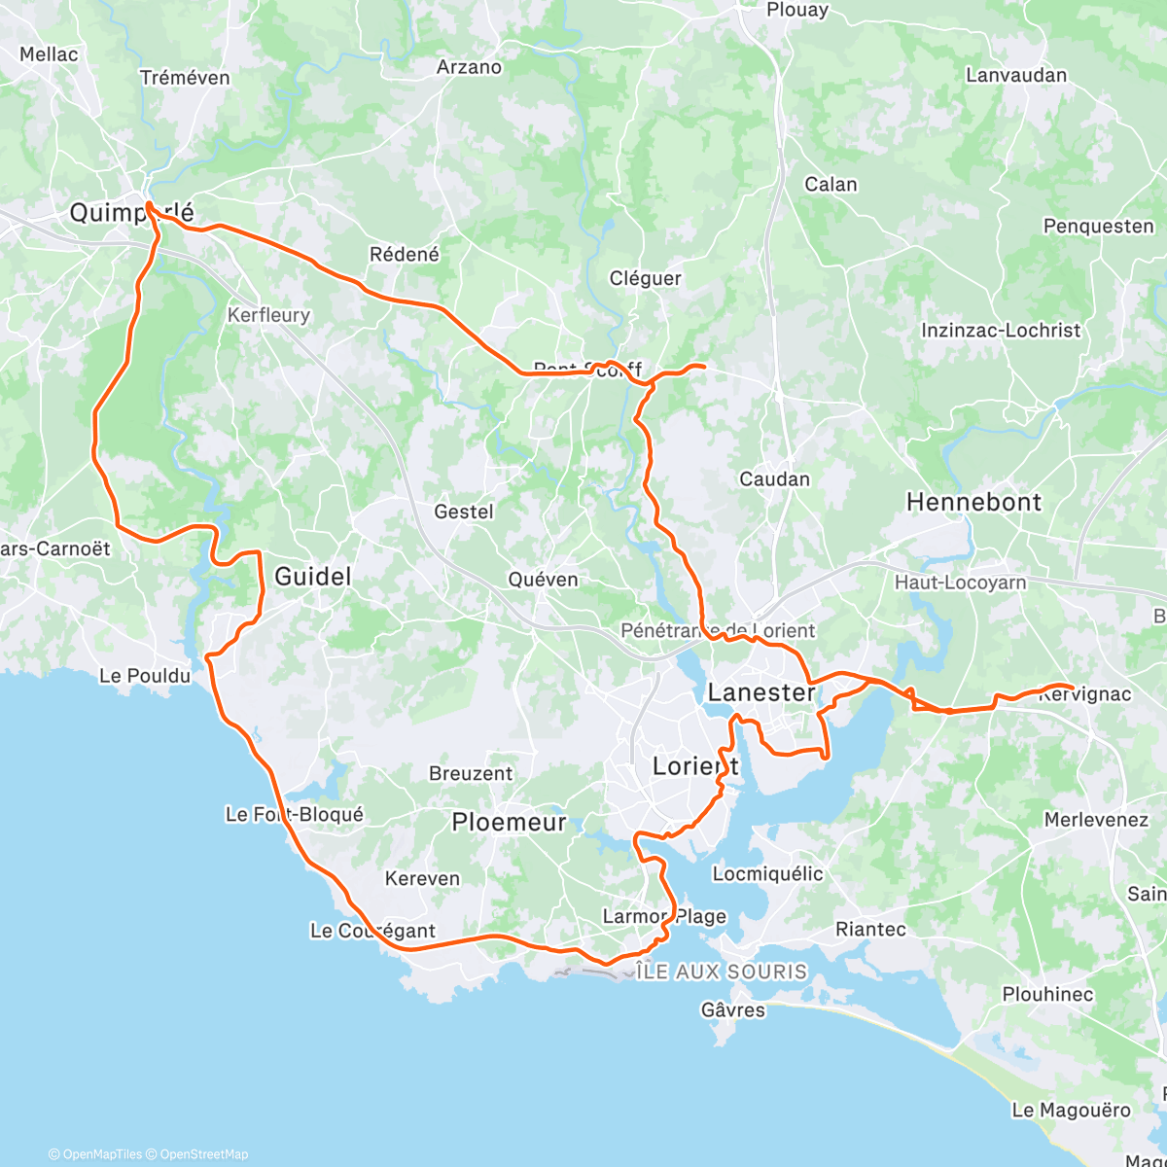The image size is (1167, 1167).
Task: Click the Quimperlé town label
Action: click(x=131, y=212)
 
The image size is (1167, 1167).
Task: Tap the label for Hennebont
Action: click(x=973, y=502)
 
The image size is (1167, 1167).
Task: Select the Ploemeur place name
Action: click(x=509, y=823)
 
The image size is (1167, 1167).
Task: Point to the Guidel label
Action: click(x=312, y=577)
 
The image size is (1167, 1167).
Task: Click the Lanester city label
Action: click(x=761, y=692)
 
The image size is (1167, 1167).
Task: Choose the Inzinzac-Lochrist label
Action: click(x=1001, y=331)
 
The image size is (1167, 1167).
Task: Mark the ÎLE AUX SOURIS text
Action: click(x=722, y=972)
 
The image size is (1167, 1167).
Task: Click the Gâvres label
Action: click(x=733, y=1010)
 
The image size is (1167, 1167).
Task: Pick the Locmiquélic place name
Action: click(x=767, y=873)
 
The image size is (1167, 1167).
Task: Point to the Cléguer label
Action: click(x=645, y=278)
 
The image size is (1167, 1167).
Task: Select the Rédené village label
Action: click(x=405, y=255)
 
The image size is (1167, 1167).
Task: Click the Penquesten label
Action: click(x=1098, y=227)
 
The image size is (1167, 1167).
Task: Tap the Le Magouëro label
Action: click(x=1071, y=1111)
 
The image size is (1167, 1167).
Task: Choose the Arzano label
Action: click(x=469, y=67)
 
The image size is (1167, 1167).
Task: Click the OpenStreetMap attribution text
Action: click(x=203, y=1154)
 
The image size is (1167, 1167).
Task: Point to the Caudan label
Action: click(x=774, y=479)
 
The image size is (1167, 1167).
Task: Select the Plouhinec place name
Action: click(x=1047, y=995)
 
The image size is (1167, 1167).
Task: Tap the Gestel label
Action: click(x=464, y=512)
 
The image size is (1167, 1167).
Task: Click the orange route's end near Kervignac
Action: click(x=1072, y=688)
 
